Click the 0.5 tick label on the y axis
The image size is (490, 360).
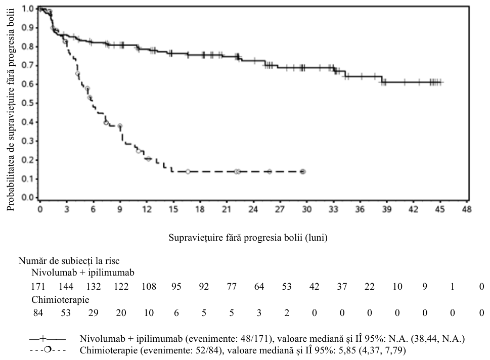pos(27,103)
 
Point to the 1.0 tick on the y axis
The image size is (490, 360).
pos(36,9)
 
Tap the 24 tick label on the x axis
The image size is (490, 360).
pos(253,209)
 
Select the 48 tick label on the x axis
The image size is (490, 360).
pos(467,209)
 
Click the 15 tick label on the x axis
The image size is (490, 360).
pos(173,209)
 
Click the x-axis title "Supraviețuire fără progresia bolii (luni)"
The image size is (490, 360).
pos(248,238)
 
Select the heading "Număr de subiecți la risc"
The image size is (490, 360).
pos(69,260)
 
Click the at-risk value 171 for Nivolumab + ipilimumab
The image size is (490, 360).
pos(38,286)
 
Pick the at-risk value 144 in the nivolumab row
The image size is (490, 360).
pos(66,286)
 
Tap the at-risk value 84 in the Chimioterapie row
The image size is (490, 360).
pos(38,313)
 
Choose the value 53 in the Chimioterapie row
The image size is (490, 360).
pos(66,313)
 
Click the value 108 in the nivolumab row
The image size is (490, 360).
pos(149,286)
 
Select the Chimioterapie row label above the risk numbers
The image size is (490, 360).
pos(60,300)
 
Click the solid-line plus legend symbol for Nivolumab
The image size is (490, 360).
pos(48,339)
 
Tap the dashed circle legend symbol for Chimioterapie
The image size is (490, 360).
pos(48,350)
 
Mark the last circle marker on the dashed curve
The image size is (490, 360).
pos(303,171)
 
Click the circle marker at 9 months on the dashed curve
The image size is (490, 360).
pos(120,126)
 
